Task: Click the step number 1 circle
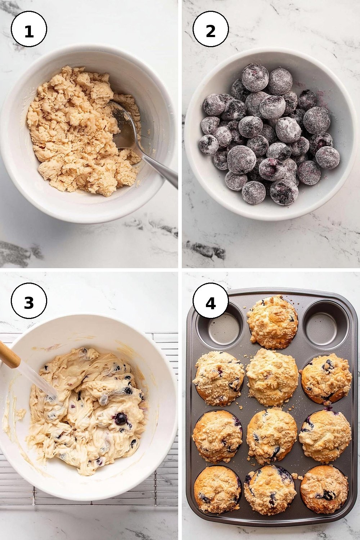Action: click(29, 29)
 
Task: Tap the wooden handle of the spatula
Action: click(10, 353)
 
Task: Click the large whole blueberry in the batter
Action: click(121, 419)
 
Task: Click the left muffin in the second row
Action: click(219, 377)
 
